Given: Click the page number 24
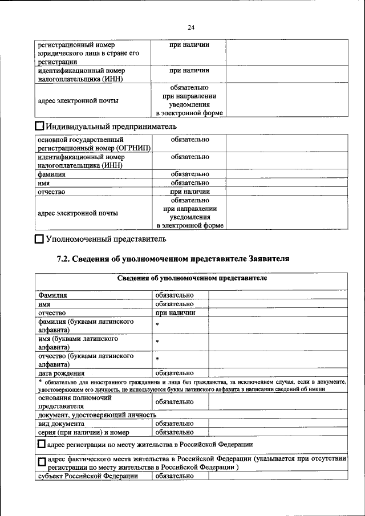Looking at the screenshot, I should (x=190, y=28).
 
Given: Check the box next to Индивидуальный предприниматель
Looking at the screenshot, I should (x=39, y=126).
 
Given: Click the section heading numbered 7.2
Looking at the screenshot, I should (x=173, y=259).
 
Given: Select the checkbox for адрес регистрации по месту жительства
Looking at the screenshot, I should (x=42, y=444).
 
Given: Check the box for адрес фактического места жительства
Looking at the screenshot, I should (x=42, y=462).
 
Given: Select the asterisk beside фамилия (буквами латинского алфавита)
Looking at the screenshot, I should (x=157, y=325).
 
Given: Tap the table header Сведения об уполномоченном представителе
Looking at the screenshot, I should (x=192, y=278).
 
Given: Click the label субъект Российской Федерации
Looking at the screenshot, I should (x=88, y=476).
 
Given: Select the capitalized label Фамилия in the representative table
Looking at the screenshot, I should (x=52, y=295).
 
